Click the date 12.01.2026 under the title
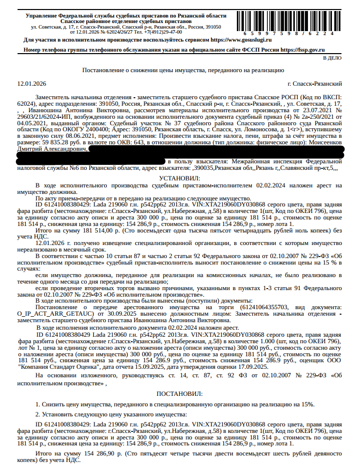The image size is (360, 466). click(32, 83)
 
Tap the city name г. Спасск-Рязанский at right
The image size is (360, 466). click(315, 83)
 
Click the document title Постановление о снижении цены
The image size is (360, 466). click(183, 71)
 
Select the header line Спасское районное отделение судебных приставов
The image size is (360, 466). click(125, 22)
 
